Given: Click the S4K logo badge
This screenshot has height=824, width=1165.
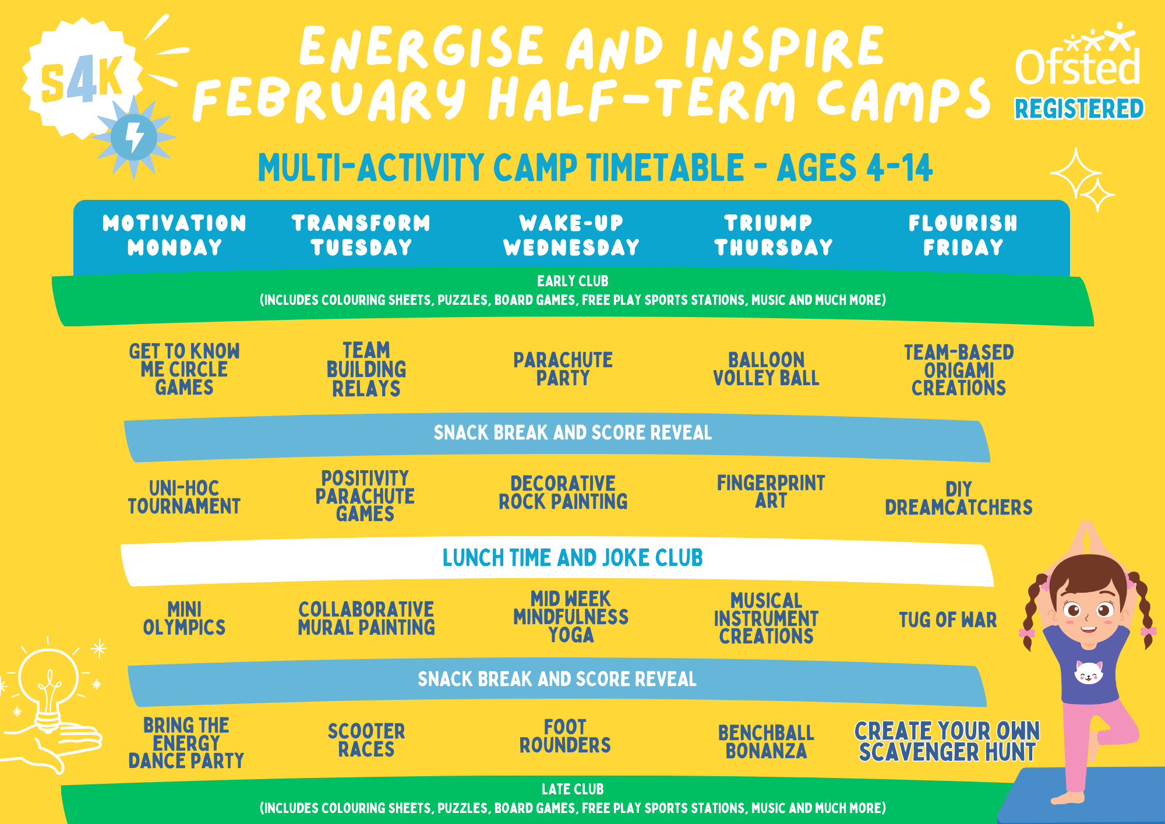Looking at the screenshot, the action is click(x=82, y=78).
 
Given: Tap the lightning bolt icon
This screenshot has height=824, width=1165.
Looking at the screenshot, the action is click(x=134, y=137).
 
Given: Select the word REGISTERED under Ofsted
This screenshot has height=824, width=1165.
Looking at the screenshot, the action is click(x=1079, y=109).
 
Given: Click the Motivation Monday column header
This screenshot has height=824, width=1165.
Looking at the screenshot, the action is click(x=175, y=235).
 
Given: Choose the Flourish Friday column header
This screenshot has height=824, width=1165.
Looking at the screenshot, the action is click(x=963, y=235).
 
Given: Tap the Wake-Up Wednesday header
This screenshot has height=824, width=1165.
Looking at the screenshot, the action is click(x=571, y=235).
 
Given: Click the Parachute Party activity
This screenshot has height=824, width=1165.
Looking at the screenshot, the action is click(x=563, y=369).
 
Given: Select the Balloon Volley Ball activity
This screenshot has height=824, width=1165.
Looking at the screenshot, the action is click(x=766, y=369).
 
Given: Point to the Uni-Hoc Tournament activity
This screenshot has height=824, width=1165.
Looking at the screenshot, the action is click(x=184, y=497).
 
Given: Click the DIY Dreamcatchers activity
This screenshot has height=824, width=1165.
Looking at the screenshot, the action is click(x=959, y=498).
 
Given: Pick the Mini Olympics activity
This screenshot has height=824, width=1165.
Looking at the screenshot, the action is click(x=184, y=618).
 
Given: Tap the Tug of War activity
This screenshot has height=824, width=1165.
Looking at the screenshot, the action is click(x=948, y=620).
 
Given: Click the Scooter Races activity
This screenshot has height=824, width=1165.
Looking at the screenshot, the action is click(x=366, y=740).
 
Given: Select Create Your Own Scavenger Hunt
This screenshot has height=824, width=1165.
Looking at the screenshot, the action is click(x=947, y=741).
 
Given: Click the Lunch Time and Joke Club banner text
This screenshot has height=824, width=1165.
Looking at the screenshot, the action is click(x=573, y=558).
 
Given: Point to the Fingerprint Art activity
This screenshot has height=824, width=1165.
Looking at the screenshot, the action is click(x=771, y=492).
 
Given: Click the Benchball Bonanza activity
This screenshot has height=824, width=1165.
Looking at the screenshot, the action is click(x=766, y=742).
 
